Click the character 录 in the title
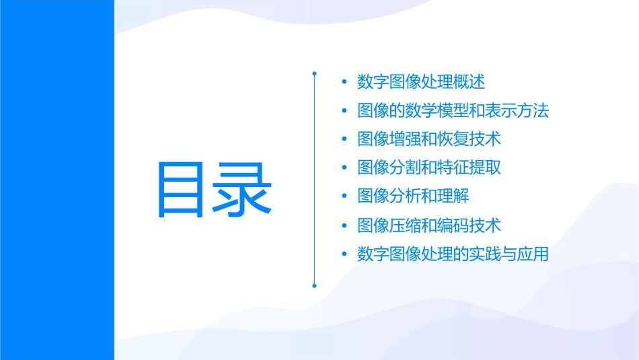[x=243, y=189]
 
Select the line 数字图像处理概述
[x=421, y=82]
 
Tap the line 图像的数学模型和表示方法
[x=453, y=110]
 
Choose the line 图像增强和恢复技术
[x=429, y=139]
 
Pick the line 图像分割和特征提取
[x=429, y=168]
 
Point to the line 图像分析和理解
[x=413, y=196]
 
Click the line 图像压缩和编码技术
[x=429, y=225]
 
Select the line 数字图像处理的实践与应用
[x=453, y=254]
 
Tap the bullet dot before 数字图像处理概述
[x=344, y=82]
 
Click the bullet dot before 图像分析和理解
[x=344, y=196]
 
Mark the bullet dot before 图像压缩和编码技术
[x=344, y=225]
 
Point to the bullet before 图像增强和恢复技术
[x=344, y=139]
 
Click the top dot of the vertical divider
[x=314, y=72]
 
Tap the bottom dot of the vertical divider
[x=314, y=286]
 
